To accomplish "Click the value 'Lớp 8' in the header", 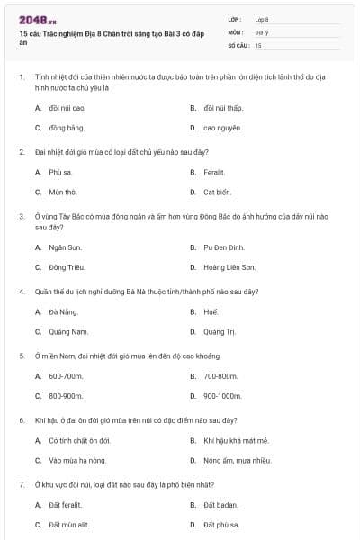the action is pos(262,19).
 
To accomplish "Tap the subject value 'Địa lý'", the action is pos(263,31).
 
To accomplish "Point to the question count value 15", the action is pos(258,44).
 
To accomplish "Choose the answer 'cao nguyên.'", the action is pos(223,128).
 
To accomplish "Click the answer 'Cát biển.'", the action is pos(218,192).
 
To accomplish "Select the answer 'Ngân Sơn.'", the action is pos(65,247).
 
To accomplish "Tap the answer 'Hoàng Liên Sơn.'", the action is pos(229,267).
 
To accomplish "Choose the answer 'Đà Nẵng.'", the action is pos(65,311).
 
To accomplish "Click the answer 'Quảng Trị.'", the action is pos(220,332).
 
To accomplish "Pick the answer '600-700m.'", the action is pos(66,375).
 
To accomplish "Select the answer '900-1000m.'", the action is pos(223,396).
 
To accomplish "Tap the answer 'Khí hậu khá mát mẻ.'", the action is pos(236,440).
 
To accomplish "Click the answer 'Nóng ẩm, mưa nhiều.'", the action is pos(238,461).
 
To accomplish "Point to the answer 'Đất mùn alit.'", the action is pos(69,525).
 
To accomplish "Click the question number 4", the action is pos(21,292).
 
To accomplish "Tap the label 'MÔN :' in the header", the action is pos(236,31).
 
